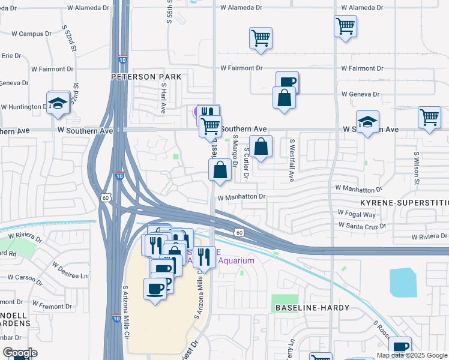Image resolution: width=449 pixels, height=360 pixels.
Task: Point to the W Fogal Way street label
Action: [x=357, y=214]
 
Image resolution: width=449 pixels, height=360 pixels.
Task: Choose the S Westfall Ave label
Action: [x=292, y=161]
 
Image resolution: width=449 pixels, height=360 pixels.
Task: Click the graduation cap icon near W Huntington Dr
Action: [x=58, y=103]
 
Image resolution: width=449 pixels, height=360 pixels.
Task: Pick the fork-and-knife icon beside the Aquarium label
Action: [x=204, y=257]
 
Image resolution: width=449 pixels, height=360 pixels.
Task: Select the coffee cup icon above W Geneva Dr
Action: [x=287, y=82]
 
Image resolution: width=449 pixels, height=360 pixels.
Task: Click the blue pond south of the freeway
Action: [x=402, y=282]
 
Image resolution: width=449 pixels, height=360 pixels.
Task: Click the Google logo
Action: [x=19, y=353]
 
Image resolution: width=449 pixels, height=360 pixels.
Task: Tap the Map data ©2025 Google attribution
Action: [x=412, y=355]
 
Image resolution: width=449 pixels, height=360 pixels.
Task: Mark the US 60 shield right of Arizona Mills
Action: [x=239, y=232]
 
